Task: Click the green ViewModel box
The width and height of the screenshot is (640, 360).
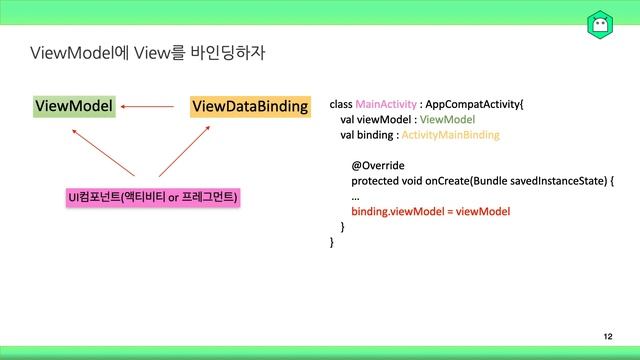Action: [74, 105]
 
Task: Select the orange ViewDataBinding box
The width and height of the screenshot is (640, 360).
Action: [249, 105]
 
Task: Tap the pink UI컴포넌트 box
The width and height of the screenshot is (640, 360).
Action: [152, 197]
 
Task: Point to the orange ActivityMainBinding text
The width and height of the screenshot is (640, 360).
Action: [450, 134]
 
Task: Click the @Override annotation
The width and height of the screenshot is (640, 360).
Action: [378, 165]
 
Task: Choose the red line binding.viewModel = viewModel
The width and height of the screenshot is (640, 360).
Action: [431, 212]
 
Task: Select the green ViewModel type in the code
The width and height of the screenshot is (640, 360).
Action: [449, 119]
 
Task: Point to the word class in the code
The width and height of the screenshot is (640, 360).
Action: [340, 103]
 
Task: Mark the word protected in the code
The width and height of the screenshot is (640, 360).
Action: [376, 181]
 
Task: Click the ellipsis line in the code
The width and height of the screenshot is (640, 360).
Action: [355, 197]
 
